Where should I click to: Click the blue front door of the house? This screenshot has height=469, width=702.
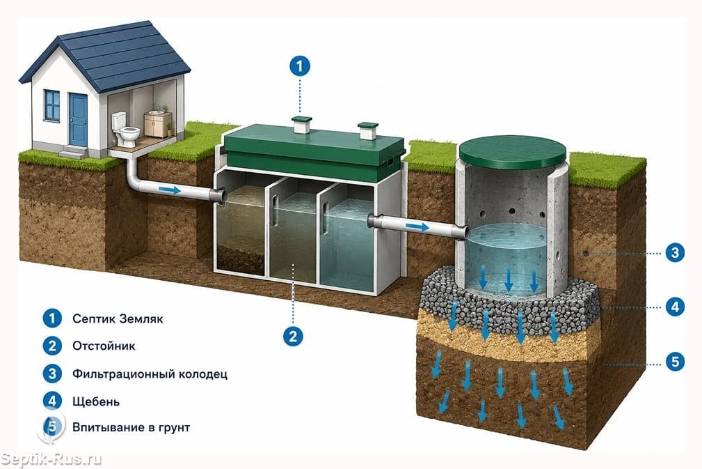pyautogui.click(x=79, y=120)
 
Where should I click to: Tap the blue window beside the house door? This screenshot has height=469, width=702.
pyautogui.click(x=52, y=105)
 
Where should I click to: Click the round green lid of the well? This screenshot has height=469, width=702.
pyautogui.click(x=513, y=152)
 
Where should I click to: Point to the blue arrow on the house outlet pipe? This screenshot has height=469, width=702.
pyautogui.click(x=170, y=190)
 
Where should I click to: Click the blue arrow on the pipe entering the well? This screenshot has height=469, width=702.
pyautogui.click(x=417, y=227)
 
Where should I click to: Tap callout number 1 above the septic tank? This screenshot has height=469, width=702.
pyautogui.click(x=299, y=66)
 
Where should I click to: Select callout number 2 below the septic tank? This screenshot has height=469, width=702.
pyautogui.click(x=293, y=336)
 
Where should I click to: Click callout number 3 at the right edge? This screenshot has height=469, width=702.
pyautogui.click(x=675, y=253)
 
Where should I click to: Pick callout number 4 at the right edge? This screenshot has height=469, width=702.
pyautogui.click(x=675, y=307)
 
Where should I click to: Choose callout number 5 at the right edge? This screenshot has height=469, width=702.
pyautogui.click(x=675, y=362)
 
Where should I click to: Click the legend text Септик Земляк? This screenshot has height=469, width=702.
pyautogui.click(x=118, y=318)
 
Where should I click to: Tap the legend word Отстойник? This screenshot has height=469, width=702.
pyautogui.click(x=104, y=346)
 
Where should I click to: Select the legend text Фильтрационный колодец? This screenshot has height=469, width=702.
pyautogui.click(x=150, y=374)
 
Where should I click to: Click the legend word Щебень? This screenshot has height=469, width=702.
pyautogui.click(x=96, y=401)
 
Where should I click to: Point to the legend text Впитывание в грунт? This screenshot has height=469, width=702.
pyautogui.click(x=131, y=427)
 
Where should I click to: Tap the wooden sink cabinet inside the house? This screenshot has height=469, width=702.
pyautogui.click(x=158, y=124)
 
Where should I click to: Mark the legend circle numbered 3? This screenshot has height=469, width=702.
pyautogui.click(x=52, y=374)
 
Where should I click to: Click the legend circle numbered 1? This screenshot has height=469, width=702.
pyautogui.click(x=52, y=318)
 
